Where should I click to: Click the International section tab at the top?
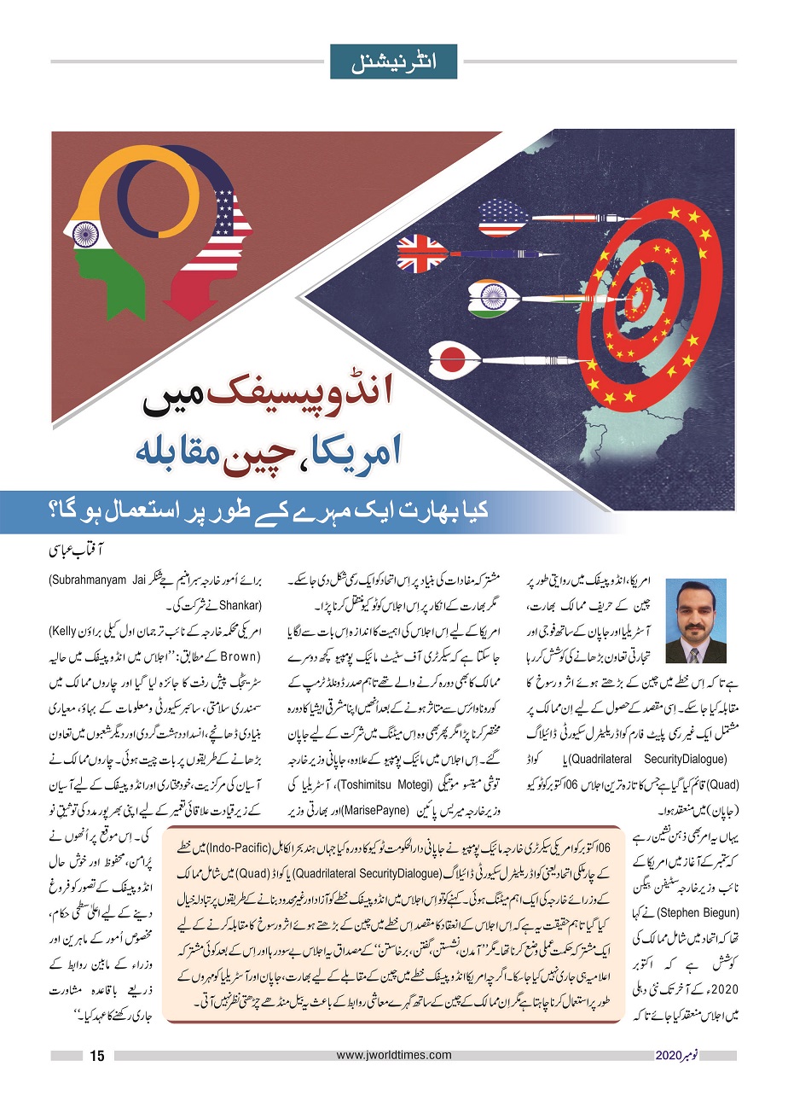(x=393, y=61)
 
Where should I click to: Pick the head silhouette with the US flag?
(x=218, y=230)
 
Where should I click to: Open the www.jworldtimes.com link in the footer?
(x=394, y=1056)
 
